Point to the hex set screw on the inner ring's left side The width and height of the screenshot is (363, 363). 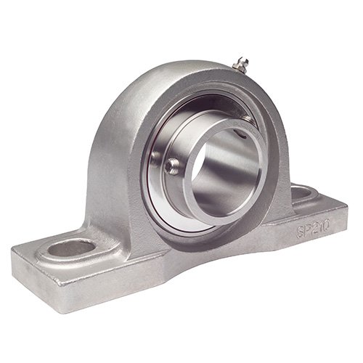pos(171,166)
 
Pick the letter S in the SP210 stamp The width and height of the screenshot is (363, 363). pos(299,234)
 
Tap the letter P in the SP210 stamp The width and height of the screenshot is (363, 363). pos(306,232)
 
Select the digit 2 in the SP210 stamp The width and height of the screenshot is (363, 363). pos(312,229)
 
